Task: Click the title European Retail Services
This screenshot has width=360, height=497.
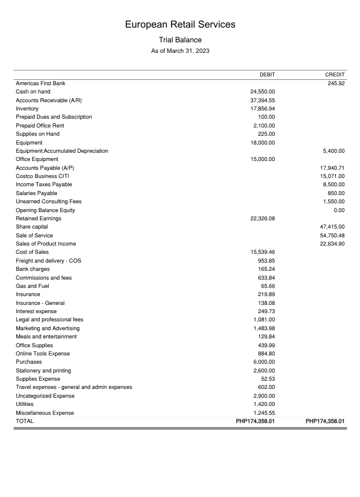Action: pos(180,24)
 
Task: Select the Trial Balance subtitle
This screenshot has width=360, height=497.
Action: pos(180,40)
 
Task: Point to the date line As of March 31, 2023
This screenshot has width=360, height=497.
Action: pos(180,51)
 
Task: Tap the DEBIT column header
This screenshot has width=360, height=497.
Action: pos(267,75)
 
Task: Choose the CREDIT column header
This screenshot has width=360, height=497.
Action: pos(334,75)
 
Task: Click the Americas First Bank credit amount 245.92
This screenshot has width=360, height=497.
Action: pos(336,83)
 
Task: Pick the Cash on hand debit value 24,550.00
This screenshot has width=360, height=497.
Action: pos(263,92)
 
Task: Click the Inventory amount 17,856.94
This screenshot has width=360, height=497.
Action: pos(263,109)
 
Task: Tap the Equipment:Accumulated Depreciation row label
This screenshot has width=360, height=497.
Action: pos(62,151)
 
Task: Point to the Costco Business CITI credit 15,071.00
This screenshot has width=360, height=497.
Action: pos(332,176)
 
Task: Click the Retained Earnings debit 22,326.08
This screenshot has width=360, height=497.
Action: pos(263,219)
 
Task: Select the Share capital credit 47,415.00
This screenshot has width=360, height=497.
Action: pos(332,227)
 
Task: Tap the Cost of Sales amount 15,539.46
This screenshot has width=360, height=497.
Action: pos(263,252)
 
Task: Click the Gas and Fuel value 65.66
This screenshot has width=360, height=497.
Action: pos(268,286)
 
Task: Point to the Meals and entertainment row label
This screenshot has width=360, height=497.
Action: pos(46,337)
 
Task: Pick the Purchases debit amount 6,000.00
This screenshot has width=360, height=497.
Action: pos(264,362)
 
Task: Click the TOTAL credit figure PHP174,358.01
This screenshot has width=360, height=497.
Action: pos(325,421)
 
